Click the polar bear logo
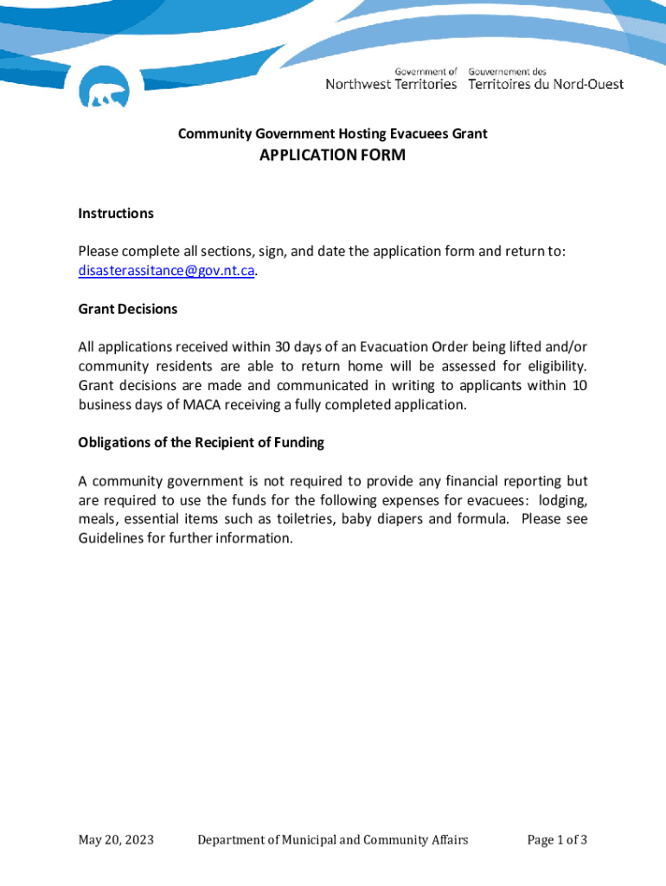coord(104,87)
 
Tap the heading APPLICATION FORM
coord(332,156)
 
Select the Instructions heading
coord(116,214)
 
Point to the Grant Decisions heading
coord(128,309)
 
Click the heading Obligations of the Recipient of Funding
coord(201,443)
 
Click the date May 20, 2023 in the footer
coord(116,840)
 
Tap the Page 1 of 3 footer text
coord(557,840)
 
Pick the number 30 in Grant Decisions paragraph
coord(283,348)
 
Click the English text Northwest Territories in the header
coord(391,85)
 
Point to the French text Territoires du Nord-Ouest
coord(546,85)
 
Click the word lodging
coord(563,500)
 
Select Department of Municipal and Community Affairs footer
coord(333,840)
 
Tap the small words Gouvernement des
coord(508,71)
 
